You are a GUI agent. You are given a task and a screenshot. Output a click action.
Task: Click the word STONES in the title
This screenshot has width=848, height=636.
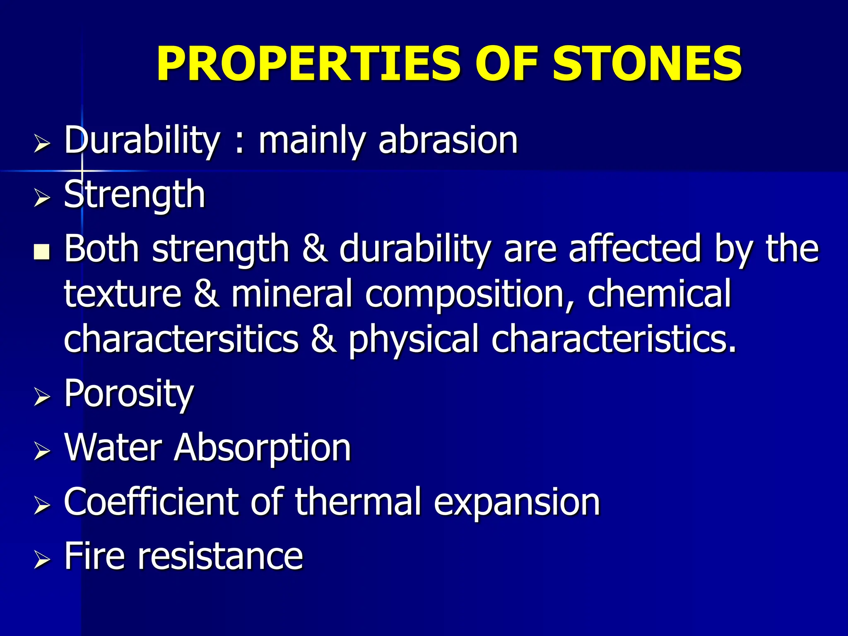(x=647, y=64)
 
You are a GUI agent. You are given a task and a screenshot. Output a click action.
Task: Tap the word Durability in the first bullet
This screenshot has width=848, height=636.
(x=142, y=141)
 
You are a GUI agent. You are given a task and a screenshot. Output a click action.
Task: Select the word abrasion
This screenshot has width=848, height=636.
(x=448, y=141)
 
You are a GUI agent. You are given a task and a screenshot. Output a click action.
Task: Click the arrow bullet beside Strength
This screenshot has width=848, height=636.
(x=42, y=197)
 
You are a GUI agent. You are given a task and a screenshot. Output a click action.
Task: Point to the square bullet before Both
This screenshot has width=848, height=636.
(x=42, y=251)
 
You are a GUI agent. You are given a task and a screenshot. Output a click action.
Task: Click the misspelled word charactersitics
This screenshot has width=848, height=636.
(x=181, y=340)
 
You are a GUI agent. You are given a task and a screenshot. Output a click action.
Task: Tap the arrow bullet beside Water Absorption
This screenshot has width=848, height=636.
(x=42, y=451)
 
